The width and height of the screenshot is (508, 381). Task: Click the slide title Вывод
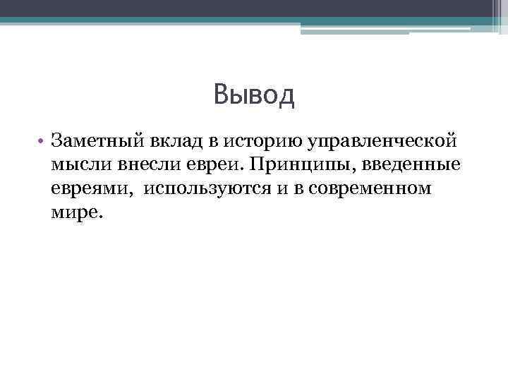253,95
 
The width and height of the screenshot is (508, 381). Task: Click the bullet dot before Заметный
42,141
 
